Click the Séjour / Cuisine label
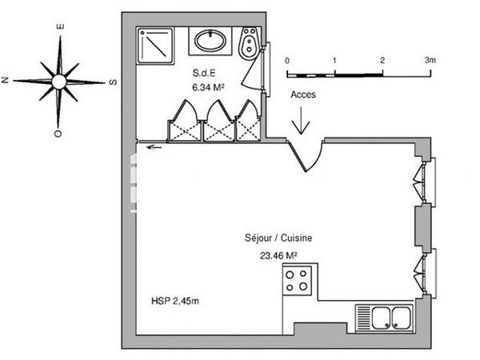[278, 238]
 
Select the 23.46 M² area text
[278, 256]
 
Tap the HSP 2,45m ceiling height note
[175, 302]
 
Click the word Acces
[304, 94]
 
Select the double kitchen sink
[384, 318]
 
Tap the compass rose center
[58, 81]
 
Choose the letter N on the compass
[6, 80]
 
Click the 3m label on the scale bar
[430, 60]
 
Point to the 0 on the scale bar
[287, 60]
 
